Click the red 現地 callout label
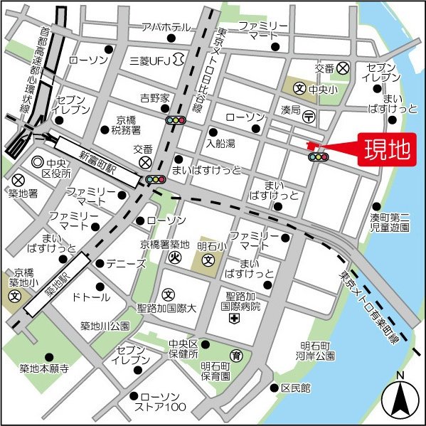click(387, 150)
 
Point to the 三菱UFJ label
click(151, 61)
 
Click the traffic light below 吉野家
click(175, 120)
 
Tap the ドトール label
click(91, 297)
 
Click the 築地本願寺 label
click(44, 368)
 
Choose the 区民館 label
click(296, 388)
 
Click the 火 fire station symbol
click(173, 259)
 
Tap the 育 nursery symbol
click(235, 354)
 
